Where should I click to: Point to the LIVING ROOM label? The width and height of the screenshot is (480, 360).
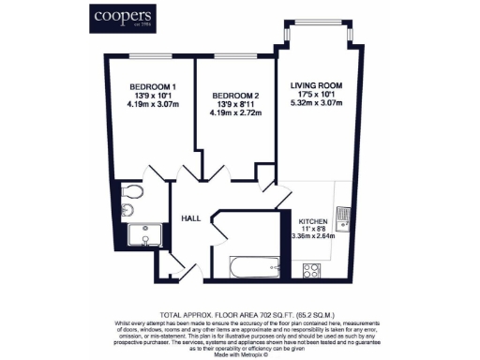tap(316, 85)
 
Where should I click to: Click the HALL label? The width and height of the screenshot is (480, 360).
tap(192, 217)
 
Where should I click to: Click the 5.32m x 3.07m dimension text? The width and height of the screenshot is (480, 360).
tap(316, 103)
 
